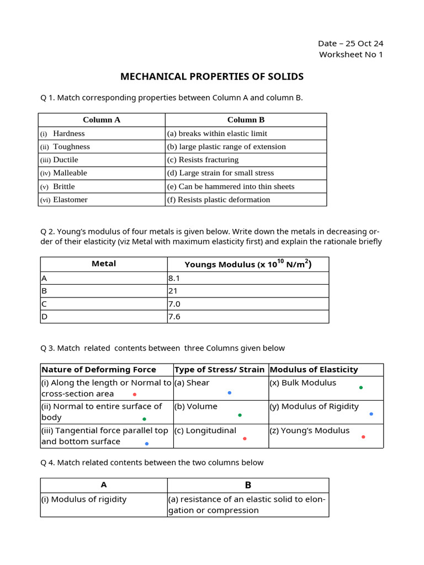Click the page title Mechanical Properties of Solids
[x=212, y=76]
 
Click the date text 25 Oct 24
[x=364, y=44]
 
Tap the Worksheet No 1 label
[x=351, y=55]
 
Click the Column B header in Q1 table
[x=246, y=120]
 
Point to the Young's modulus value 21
[x=174, y=291]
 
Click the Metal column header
[x=104, y=264]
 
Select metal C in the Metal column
[x=45, y=304]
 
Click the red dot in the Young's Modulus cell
[x=363, y=437]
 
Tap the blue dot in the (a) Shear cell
[x=229, y=393]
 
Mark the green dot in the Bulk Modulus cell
[x=361, y=388]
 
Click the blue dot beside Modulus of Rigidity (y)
[x=371, y=414]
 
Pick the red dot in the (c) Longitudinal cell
[x=245, y=439]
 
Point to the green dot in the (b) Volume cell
[x=240, y=415]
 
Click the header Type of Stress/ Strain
[x=219, y=370]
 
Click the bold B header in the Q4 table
[x=248, y=486]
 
